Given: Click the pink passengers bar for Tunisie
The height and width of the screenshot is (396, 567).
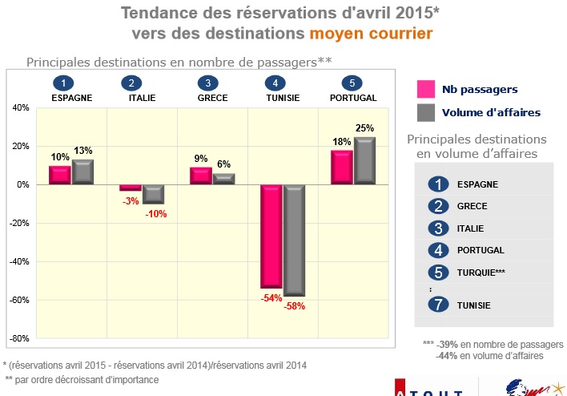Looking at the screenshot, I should (x=271, y=236).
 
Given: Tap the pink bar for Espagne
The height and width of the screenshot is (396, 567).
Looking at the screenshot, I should (x=60, y=175).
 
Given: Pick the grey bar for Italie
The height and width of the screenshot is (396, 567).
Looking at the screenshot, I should (x=153, y=193).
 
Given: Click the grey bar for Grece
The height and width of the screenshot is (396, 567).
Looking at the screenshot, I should (x=223, y=179).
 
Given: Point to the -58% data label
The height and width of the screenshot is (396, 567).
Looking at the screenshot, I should (x=295, y=305).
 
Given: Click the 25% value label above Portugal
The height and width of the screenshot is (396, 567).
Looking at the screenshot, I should (x=365, y=128).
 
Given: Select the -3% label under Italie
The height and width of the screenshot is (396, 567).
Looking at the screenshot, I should (x=130, y=200).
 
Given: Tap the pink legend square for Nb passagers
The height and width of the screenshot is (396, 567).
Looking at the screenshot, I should (x=425, y=89).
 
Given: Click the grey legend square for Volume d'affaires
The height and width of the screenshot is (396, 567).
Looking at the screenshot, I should (x=425, y=112).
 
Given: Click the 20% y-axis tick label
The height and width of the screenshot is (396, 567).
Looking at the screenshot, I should (x=19, y=146).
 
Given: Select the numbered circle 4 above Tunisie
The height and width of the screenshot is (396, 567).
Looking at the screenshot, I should (x=275, y=83).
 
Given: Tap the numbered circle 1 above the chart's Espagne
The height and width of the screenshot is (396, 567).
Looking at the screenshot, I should (x=62, y=83).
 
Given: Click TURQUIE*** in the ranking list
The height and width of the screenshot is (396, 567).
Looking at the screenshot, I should (x=481, y=273).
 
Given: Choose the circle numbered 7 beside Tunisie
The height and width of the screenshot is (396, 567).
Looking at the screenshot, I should (x=437, y=305).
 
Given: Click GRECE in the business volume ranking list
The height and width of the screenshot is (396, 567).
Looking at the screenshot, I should (x=472, y=206).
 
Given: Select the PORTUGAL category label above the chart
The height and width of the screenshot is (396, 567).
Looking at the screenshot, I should (x=353, y=98).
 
